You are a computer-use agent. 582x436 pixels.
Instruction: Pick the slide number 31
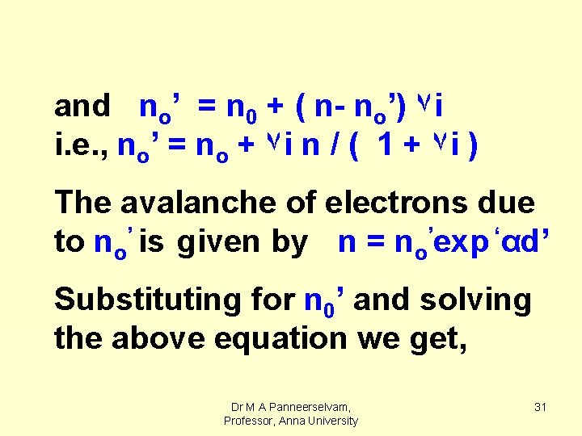click(x=541, y=407)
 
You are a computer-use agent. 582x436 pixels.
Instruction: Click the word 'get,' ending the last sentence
click(x=438, y=340)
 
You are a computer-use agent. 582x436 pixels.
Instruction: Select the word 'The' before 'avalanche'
click(x=82, y=203)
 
